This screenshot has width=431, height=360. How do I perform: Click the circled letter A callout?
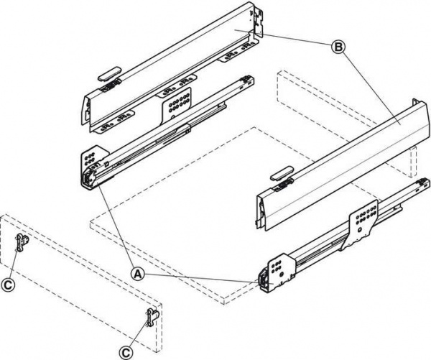(x=138, y=274)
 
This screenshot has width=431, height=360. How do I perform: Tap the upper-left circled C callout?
(x=8, y=285)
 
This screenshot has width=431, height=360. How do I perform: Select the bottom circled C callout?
(x=125, y=352)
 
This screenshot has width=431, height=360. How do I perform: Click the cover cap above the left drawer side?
(x=109, y=73)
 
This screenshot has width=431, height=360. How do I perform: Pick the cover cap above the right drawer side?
(x=282, y=173)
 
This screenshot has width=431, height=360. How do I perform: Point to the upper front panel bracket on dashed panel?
(x=22, y=242)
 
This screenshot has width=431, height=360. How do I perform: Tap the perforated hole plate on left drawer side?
(x=176, y=103)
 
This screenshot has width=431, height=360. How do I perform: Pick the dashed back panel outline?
(x=347, y=124)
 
